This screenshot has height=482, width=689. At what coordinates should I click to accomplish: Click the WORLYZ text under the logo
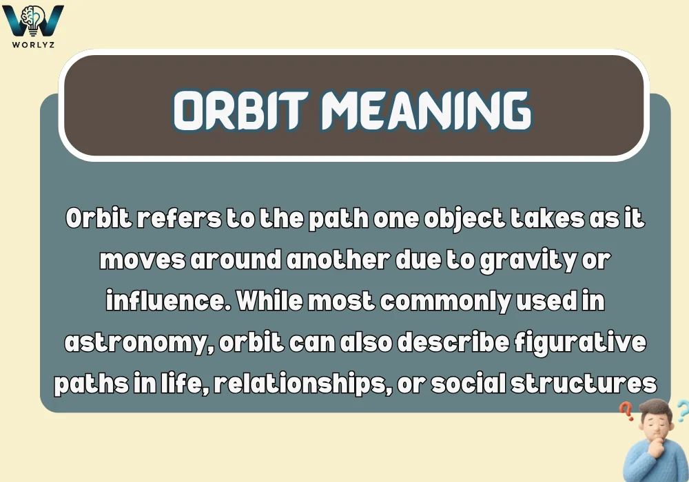click(x=33, y=45)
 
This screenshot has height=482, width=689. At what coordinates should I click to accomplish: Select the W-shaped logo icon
click(x=33, y=21)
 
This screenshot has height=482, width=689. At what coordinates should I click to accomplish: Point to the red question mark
click(x=626, y=411)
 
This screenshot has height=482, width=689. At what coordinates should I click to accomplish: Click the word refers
click(x=165, y=220)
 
